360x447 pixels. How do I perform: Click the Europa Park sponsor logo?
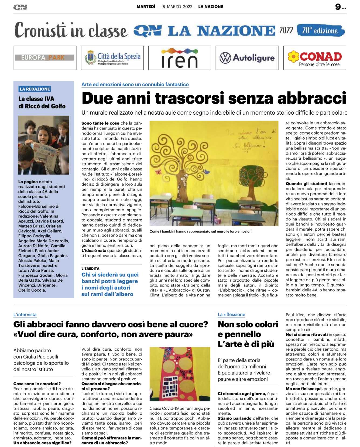[44, 58]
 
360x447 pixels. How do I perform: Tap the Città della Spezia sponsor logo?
[112, 58]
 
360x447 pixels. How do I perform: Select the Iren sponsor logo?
[179, 58]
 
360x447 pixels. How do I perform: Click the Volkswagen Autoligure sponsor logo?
[247, 58]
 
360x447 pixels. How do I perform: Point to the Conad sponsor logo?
[314, 58]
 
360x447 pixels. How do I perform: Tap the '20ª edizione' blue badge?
[320, 30]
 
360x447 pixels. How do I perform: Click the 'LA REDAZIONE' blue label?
[35, 89]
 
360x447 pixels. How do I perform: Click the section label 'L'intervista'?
[25, 315]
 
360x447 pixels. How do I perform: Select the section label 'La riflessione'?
[231, 315]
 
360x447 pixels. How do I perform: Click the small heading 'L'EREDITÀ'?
[90, 268]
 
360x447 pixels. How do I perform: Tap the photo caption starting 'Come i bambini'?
[201, 231]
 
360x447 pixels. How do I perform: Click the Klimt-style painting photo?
[180, 374]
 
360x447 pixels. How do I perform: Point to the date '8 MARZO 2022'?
[177, 7]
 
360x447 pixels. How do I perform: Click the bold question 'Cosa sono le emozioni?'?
[37, 384]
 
